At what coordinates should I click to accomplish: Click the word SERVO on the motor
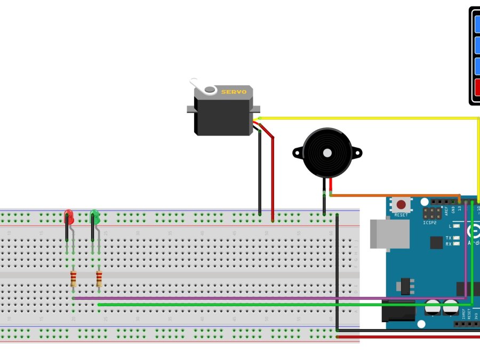(x=234, y=92)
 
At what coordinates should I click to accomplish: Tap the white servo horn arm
(x=197, y=85)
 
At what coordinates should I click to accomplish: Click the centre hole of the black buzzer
(x=326, y=153)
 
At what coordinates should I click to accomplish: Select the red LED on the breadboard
(x=68, y=217)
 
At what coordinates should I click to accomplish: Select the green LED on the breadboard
(x=95, y=217)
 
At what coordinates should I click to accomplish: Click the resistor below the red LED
(x=74, y=279)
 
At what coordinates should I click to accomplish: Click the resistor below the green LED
(x=99, y=279)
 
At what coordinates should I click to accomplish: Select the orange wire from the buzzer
(x=395, y=195)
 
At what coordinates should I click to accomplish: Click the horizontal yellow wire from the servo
(x=368, y=118)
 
